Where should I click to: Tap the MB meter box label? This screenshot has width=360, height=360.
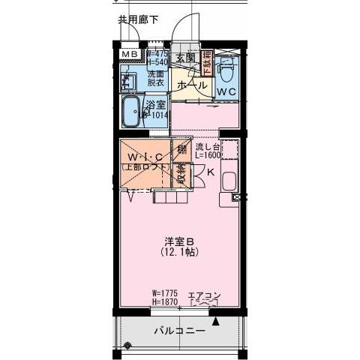pos(129,55)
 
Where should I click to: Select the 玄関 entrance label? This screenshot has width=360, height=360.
pos(185,57)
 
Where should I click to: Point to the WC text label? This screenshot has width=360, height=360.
pos(227,91)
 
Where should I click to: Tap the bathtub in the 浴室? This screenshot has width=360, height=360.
pos(133,112)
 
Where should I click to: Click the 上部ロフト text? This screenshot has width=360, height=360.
pos(145,167)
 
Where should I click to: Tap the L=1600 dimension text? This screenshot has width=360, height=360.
pos(207,156)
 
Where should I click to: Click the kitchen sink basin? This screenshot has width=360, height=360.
pos(229,181)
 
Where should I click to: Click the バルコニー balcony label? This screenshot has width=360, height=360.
pos(179,329)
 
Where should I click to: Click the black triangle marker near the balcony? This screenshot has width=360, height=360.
pos(216,320)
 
